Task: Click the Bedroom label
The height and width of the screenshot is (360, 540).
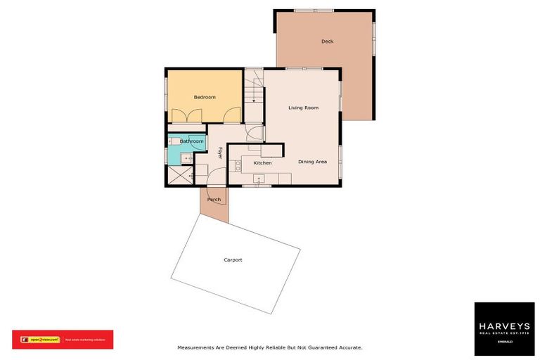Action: pos(205,97)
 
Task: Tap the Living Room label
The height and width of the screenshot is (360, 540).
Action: pos(304,108)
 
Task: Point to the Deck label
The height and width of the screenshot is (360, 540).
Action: pos(327,41)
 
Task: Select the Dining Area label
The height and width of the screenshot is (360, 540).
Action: pos(313,162)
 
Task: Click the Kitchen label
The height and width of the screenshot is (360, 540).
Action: pos(252,163)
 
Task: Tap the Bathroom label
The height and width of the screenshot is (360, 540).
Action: pos(191,141)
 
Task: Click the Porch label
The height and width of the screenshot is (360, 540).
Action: pos(214,200)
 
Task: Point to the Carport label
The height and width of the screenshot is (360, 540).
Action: pos(233,260)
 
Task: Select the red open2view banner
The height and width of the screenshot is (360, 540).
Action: pos(63,340)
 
